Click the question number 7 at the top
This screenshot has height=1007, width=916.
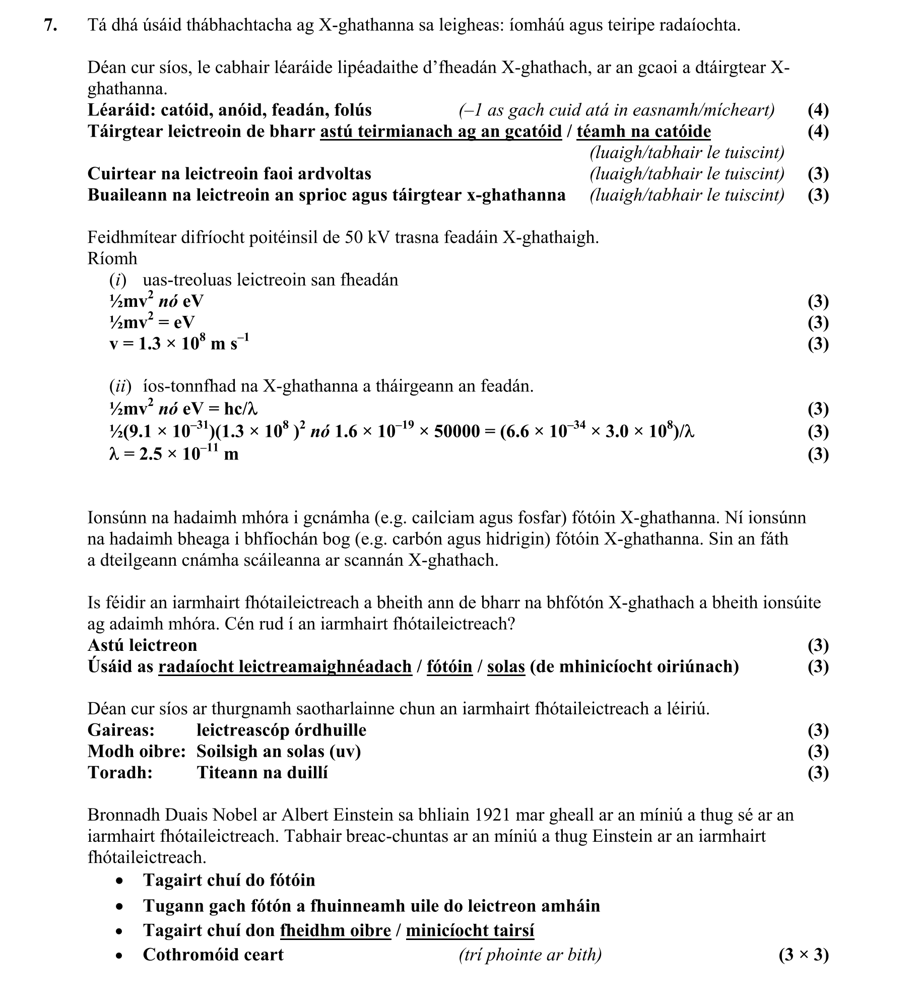pos(50,25)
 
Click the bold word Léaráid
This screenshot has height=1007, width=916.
pos(119,110)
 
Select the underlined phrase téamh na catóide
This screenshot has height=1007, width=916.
pos(643,131)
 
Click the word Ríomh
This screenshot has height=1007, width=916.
pos(112,258)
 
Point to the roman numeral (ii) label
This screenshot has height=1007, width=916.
pos(120,386)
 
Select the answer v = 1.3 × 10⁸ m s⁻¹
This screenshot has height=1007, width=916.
pos(179,344)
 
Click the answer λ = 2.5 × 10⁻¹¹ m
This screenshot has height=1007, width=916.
pos(173,454)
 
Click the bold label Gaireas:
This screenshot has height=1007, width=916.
pos(121,730)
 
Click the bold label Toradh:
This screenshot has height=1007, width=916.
pos(120,772)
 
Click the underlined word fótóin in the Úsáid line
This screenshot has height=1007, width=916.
pos(449,666)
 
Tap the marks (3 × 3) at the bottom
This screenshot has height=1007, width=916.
pos(803,955)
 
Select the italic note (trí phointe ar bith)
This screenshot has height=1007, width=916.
pos(530,955)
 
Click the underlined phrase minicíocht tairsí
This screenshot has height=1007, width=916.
pos(470,930)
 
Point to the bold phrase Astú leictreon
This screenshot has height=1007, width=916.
pos(142,645)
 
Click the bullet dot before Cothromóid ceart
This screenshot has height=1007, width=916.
pos(119,955)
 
